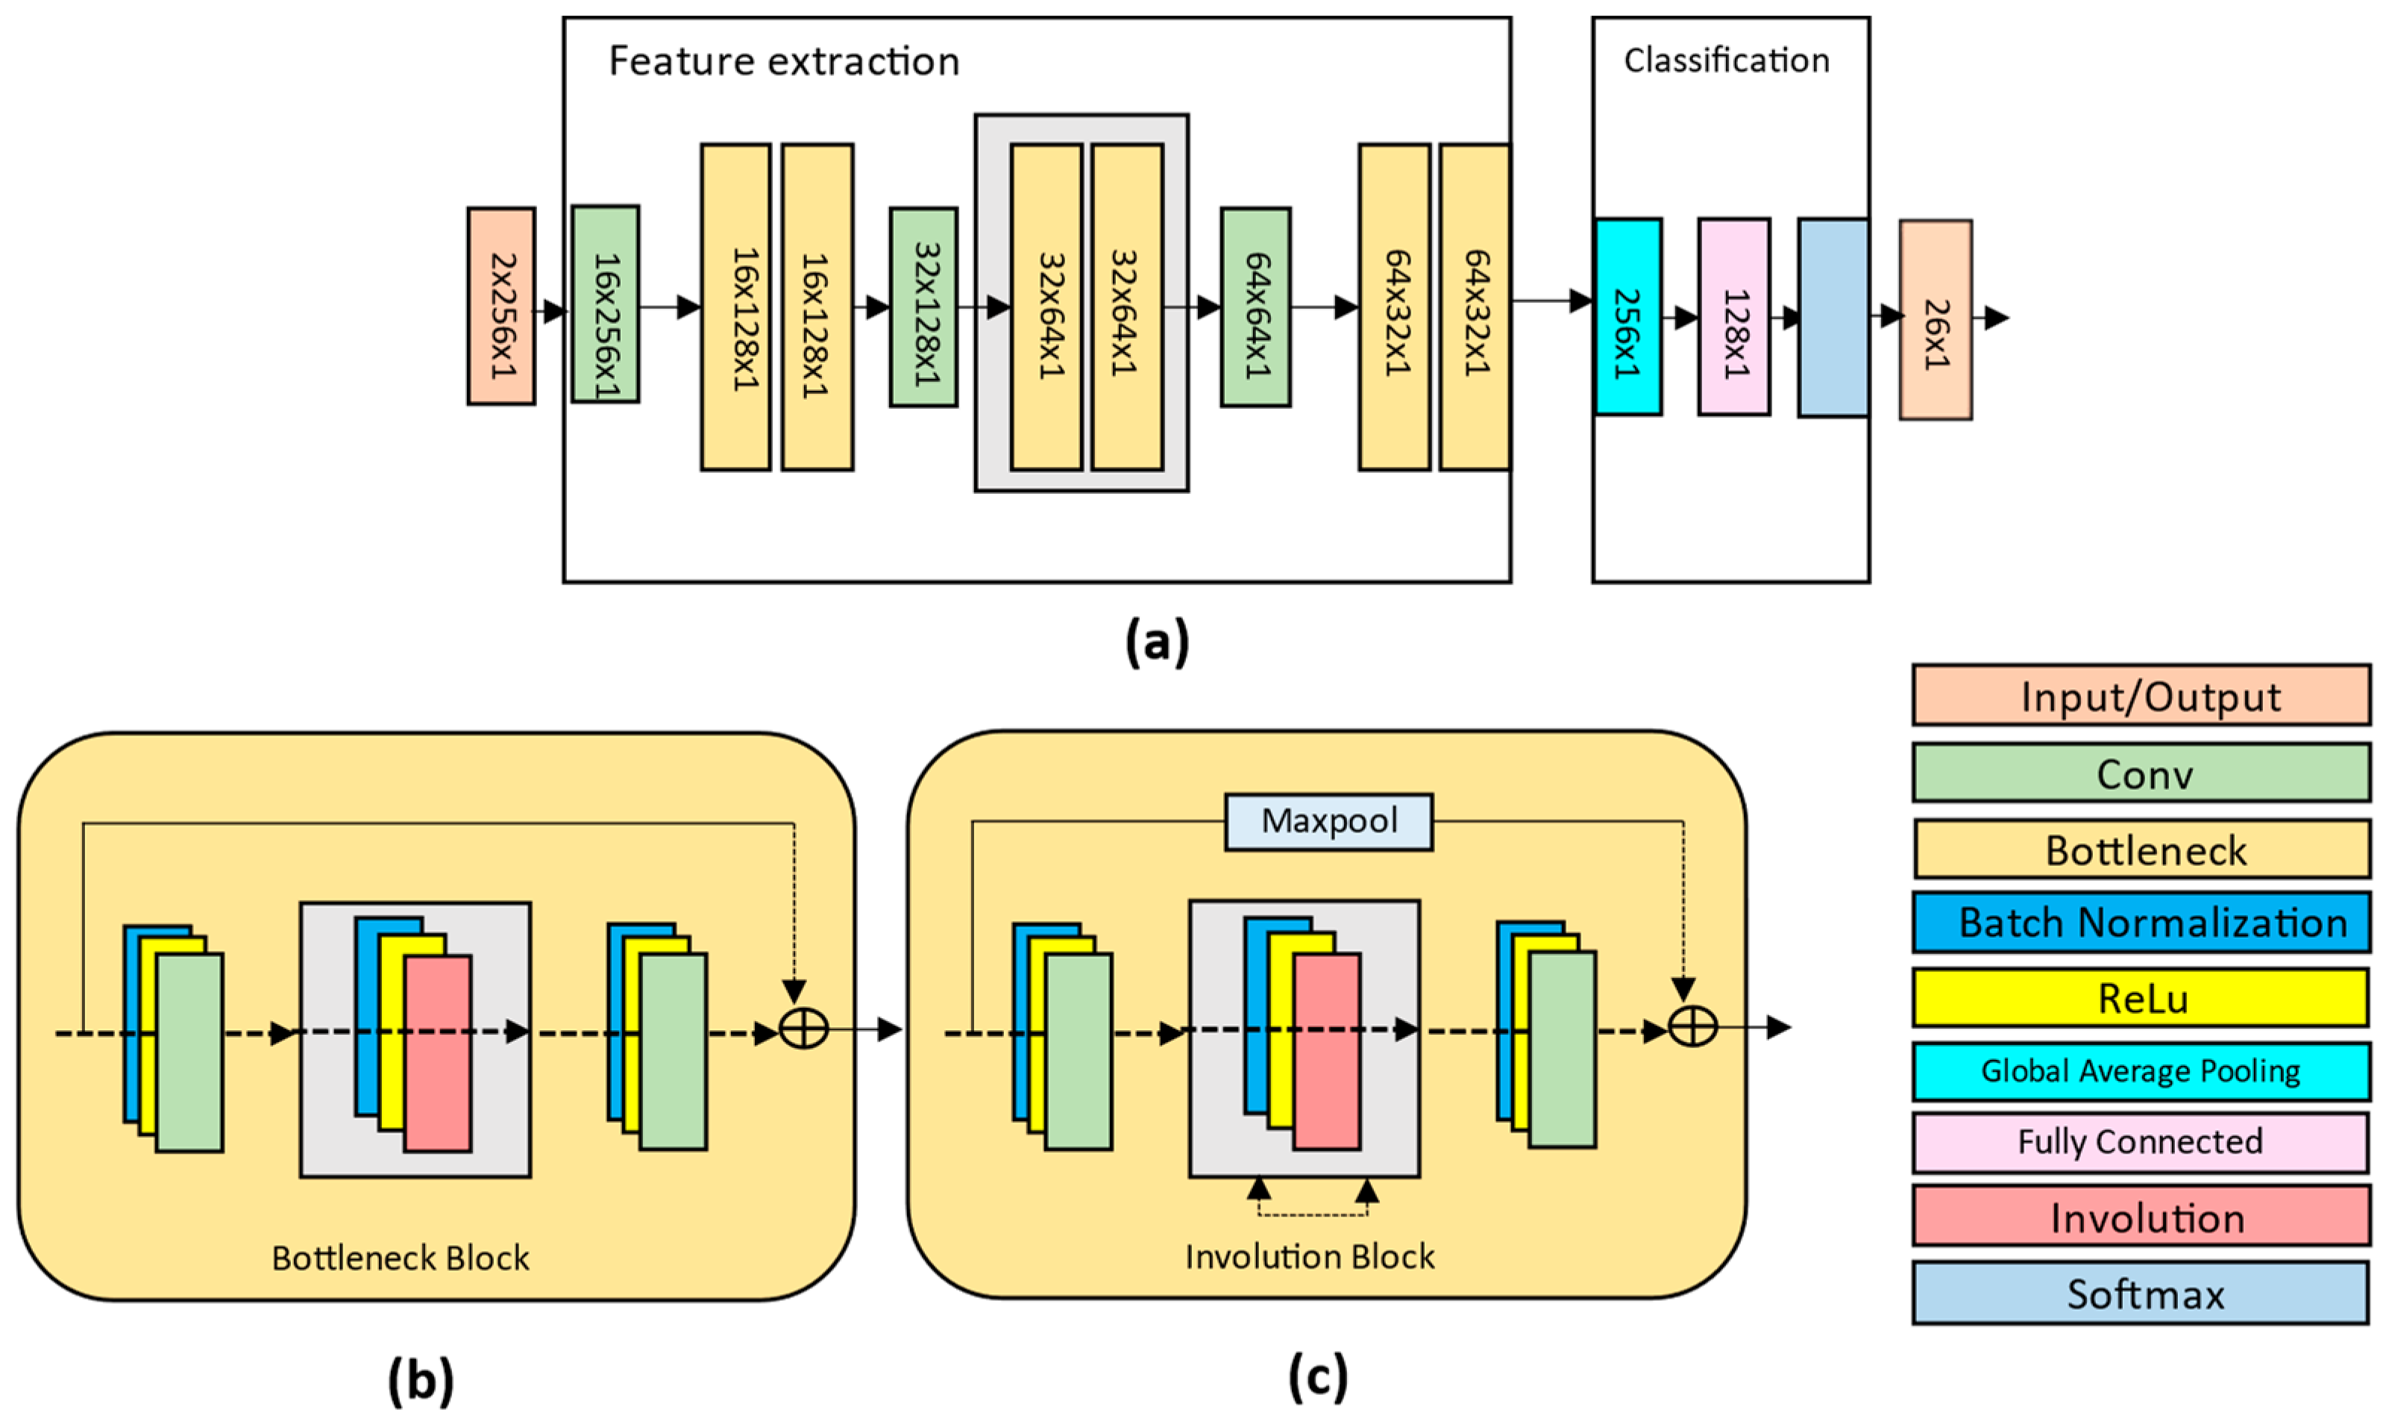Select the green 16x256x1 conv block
[605, 304]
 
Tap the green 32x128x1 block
[923, 307]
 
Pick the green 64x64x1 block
[1255, 307]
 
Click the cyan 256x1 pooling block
[1627, 317]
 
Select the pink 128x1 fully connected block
[1734, 317]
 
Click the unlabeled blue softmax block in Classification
[1833, 318]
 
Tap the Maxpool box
[1329, 821]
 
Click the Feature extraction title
[784, 61]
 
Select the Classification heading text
[1727, 60]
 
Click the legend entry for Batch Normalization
[2141, 922]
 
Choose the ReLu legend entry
[2141, 998]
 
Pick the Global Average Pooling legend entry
[2141, 1070]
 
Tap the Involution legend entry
[2141, 1217]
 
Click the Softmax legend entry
[2141, 1293]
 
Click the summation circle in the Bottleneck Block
[804, 1029]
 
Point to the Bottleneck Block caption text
[401, 1257]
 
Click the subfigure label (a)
[1157, 642]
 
